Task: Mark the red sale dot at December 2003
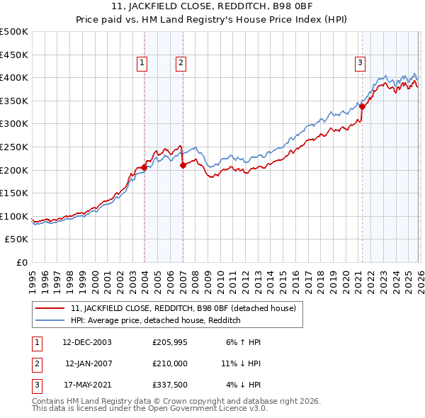click(x=144, y=167)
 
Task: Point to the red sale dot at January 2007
click(x=183, y=165)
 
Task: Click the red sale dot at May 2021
click(x=362, y=107)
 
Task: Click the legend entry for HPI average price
click(x=156, y=320)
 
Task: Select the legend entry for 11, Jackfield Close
click(x=187, y=308)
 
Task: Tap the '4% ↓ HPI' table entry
click(x=243, y=385)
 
